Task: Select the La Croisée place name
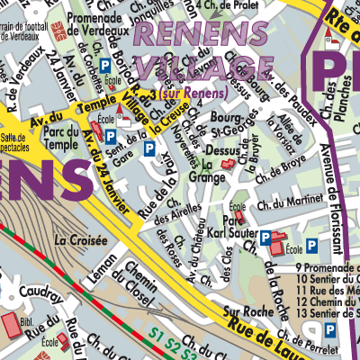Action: [x=81, y=240]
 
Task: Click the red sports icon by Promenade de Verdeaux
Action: [x=56, y=30]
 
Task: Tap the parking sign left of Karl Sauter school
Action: [x=265, y=238]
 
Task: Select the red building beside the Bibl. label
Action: [x=10, y=323]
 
